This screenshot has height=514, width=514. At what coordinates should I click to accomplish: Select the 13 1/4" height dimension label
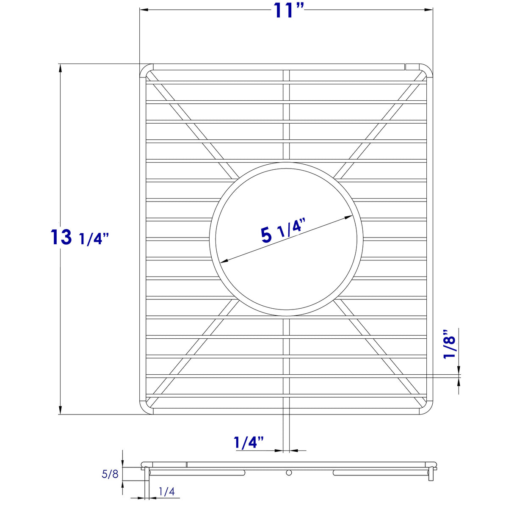click(x=80, y=238)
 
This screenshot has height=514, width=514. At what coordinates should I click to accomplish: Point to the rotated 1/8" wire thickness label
click(x=450, y=344)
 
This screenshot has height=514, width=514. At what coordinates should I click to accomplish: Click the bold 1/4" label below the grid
click(x=249, y=443)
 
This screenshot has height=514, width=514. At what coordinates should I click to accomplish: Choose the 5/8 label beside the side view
click(x=110, y=474)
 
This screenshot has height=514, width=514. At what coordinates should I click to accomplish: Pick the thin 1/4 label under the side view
click(x=166, y=492)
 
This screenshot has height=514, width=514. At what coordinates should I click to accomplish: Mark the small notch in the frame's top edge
click(x=405, y=66)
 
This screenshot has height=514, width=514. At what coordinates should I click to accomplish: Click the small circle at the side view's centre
click(x=289, y=472)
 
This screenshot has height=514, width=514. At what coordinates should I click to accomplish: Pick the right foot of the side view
click(x=431, y=475)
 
